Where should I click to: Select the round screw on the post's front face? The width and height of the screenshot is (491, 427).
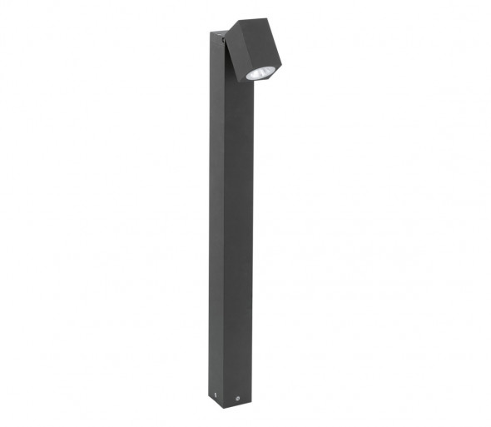(x=237, y=399)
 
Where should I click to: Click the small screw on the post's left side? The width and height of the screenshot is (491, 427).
(x=216, y=395)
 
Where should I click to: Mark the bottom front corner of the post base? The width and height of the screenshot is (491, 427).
(x=223, y=408)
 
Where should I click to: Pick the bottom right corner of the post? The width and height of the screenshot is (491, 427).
(x=251, y=402)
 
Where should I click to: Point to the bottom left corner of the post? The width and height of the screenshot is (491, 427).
(x=209, y=395)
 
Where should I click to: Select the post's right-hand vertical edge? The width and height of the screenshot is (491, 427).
(x=251, y=250)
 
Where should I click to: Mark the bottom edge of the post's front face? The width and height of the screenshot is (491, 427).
(x=237, y=405)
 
